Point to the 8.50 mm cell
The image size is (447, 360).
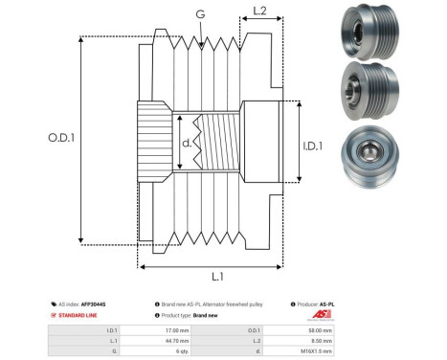[x=312, y=339]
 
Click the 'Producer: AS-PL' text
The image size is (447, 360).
[x=315, y=303]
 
